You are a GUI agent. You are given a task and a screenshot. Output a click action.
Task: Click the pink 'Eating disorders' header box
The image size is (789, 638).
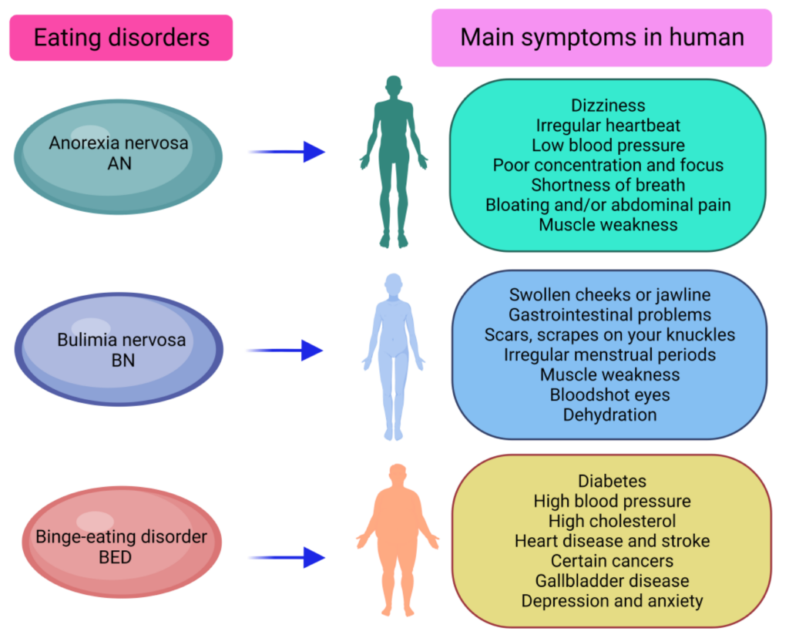(121, 38)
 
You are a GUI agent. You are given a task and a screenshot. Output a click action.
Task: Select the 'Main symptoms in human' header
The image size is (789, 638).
(602, 38)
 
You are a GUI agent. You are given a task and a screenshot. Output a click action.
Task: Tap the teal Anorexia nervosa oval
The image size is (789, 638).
(119, 153)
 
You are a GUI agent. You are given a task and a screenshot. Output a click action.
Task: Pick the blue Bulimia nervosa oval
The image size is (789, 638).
(119, 349)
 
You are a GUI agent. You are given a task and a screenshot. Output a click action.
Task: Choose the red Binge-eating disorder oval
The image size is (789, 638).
(121, 545)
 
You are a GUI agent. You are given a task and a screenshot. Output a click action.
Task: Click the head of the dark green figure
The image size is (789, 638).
(394, 86)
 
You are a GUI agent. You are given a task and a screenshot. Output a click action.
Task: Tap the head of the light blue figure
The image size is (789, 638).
(394, 284)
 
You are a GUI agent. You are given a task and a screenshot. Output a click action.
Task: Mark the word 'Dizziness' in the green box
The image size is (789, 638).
(608, 105)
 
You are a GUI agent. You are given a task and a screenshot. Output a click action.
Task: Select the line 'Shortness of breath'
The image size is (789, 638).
(608, 185)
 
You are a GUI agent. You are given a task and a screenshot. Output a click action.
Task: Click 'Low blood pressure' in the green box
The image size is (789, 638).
(608, 145)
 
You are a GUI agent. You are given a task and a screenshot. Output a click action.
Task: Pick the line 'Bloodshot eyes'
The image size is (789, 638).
(609, 395)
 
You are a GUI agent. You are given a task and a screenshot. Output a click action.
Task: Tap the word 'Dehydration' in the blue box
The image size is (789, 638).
(609, 415)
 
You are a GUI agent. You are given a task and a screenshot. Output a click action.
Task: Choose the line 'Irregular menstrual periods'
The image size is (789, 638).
(609, 354)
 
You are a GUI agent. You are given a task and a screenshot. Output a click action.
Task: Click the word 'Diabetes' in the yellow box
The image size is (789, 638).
(612, 481)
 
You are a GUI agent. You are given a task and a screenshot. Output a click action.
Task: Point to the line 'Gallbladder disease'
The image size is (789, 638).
(612, 580)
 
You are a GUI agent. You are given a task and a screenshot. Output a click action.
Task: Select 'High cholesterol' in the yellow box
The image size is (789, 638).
(612, 521)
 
